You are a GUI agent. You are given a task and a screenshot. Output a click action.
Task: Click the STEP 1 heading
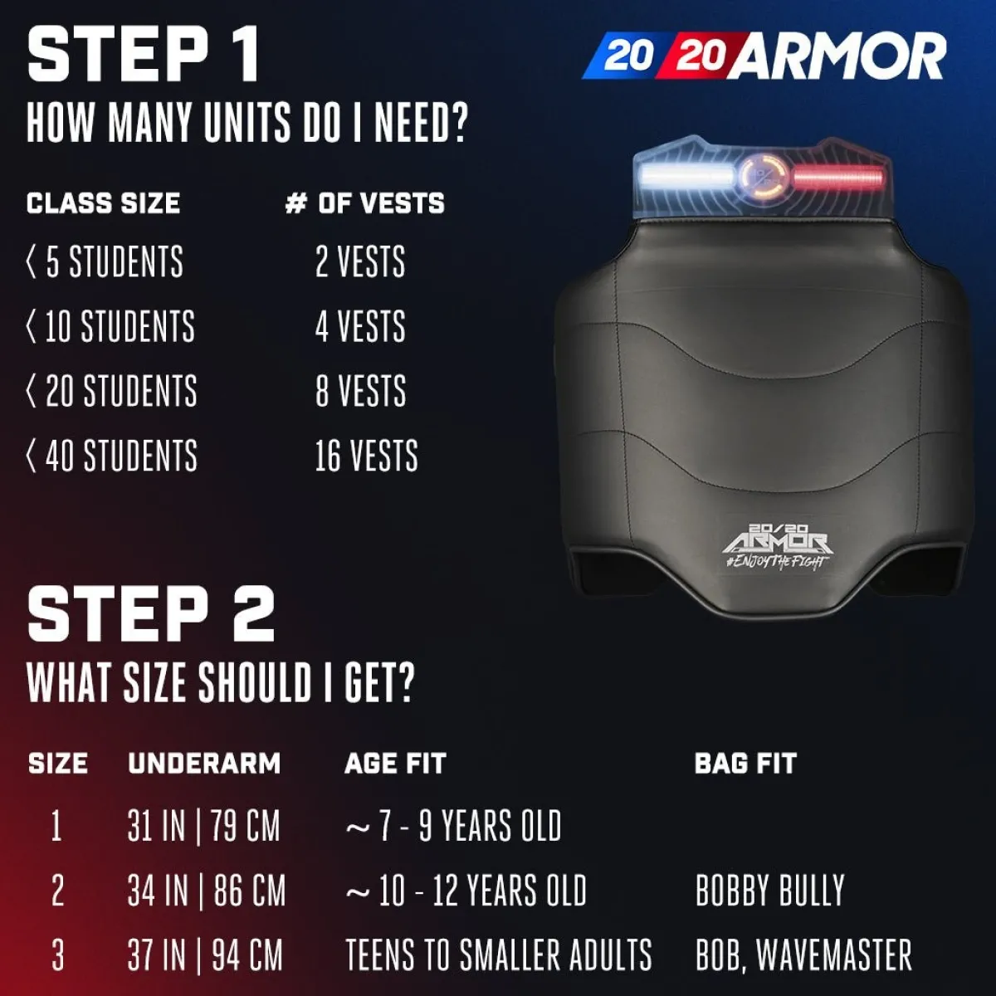pyautogui.click(x=143, y=56)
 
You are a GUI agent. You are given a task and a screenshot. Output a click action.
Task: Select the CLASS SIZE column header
pyautogui.click(x=104, y=203)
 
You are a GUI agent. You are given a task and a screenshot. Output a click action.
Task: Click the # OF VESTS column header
pyautogui.click(x=365, y=203)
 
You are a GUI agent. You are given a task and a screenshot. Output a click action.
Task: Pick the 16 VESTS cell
pyautogui.click(x=367, y=456)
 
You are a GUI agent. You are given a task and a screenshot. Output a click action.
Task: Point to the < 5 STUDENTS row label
pyautogui.click(x=105, y=261)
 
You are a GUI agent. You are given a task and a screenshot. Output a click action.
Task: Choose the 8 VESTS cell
pyautogui.click(x=361, y=391)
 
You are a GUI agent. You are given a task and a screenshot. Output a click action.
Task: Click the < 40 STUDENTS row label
pyautogui.click(x=112, y=456)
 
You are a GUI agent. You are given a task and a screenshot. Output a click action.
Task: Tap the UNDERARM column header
pyautogui.click(x=204, y=764)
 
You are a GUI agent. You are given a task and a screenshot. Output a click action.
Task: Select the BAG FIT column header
pyautogui.click(x=746, y=764)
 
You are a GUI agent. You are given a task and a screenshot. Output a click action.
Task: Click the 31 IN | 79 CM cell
pyautogui.click(x=203, y=826)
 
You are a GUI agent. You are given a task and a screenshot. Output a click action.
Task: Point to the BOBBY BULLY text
pyautogui.click(x=770, y=891)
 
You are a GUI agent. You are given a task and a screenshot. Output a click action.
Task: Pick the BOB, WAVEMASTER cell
pyautogui.click(x=803, y=954)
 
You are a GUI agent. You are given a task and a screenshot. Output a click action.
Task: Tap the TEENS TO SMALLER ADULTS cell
pyautogui.click(x=498, y=954)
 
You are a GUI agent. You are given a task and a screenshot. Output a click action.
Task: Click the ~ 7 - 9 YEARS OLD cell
pyautogui.click(x=453, y=826)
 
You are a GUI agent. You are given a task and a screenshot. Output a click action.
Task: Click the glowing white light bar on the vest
pyautogui.click(x=686, y=176)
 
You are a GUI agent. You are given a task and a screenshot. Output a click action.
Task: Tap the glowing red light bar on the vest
pyautogui.click(x=837, y=178)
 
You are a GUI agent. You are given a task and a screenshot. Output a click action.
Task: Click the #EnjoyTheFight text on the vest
pyautogui.click(x=777, y=562)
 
